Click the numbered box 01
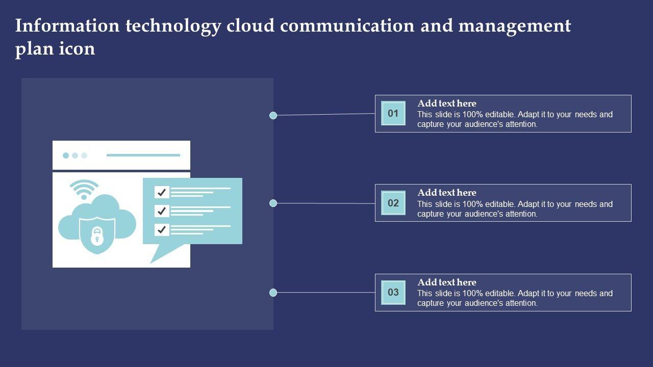pyautogui.click(x=393, y=113)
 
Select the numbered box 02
pyautogui.click(x=393, y=203)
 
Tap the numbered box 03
pyautogui.click(x=393, y=293)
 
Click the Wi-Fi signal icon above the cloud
pyautogui.click(x=84, y=189)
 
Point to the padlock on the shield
pyautogui.click(x=97, y=235)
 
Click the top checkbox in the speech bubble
pyautogui.click(x=162, y=192)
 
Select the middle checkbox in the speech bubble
pyautogui.click(x=162, y=211)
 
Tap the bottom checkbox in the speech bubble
pyautogui.click(x=162, y=229)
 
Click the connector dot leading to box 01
pyautogui.click(x=273, y=115)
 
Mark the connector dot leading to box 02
pyautogui.click(x=273, y=203)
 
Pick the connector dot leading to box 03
pyautogui.click(x=273, y=293)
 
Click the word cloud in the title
pyautogui.click(x=250, y=25)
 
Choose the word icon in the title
pyautogui.click(x=77, y=48)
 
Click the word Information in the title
pyautogui.click(x=67, y=25)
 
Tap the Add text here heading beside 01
pyautogui.click(x=446, y=103)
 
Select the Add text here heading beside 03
pyautogui.click(x=446, y=282)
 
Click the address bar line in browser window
pyautogui.click(x=143, y=155)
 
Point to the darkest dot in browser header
pyautogui.click(x=66, y=155)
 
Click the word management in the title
pyautogui.click(x=515, y=26)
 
